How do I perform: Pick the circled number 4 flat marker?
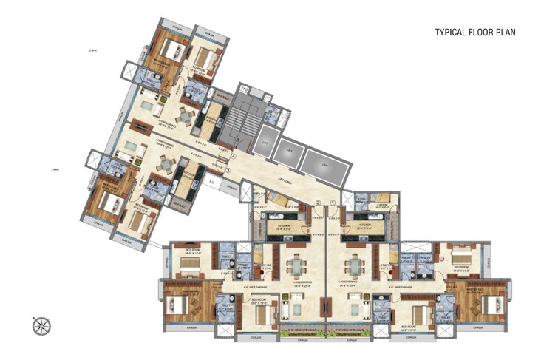233,156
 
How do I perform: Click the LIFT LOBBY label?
277,180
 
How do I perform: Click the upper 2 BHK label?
92,51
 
